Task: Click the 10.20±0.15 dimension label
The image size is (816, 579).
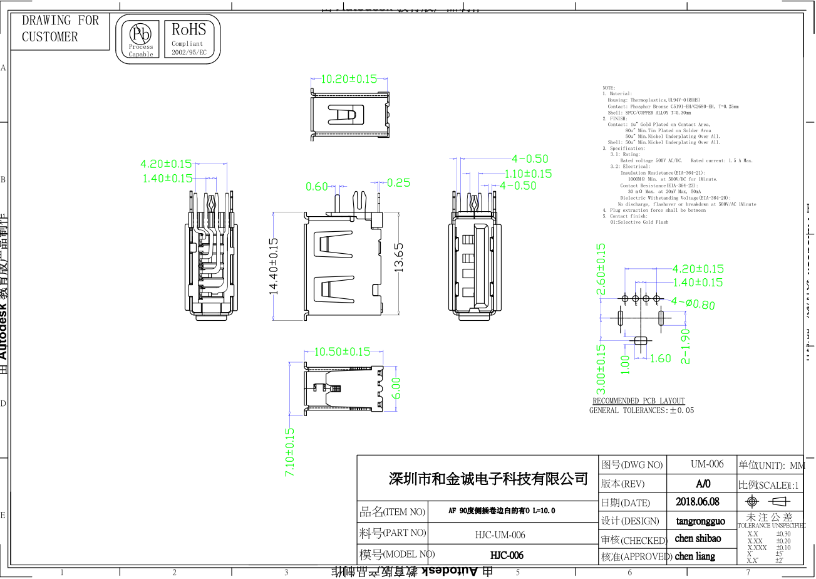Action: tap(349, 79)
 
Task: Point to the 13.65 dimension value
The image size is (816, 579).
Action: tap(398, 257)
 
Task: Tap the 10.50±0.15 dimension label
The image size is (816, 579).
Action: tap(342, 352)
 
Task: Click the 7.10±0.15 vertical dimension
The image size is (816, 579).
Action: tap(291, 452)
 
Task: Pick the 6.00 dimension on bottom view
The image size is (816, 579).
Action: tap(396, 387)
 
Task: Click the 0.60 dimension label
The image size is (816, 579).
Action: tap(317, 186)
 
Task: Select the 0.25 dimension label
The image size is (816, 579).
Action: tap(398, 183)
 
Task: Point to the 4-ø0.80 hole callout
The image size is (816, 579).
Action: tap(693, 303)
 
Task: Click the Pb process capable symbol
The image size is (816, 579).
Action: tap(141, 38)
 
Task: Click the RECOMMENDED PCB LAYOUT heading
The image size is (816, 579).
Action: tap(639, 400)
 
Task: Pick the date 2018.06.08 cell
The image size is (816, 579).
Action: tap(698, 501)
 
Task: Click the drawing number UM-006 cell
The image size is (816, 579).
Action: tap(707, 464)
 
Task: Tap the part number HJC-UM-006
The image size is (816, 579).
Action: tap(500, 535)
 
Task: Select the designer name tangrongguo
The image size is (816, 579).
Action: tap(700, 521)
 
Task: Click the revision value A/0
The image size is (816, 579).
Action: tap(703, 484)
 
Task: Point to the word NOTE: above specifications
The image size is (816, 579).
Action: tap(609, 88)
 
